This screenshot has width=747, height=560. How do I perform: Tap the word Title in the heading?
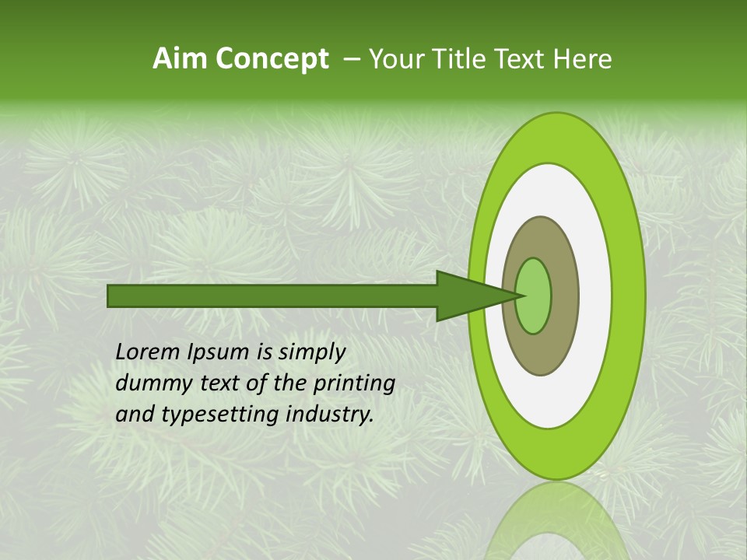click(458, 59)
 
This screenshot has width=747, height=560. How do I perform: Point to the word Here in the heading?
click(583, 59)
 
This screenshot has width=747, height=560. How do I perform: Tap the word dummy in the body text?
click(151, 383)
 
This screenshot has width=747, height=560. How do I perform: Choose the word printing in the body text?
click(355, 384)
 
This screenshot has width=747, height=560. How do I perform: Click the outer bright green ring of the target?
click(629, 296)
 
